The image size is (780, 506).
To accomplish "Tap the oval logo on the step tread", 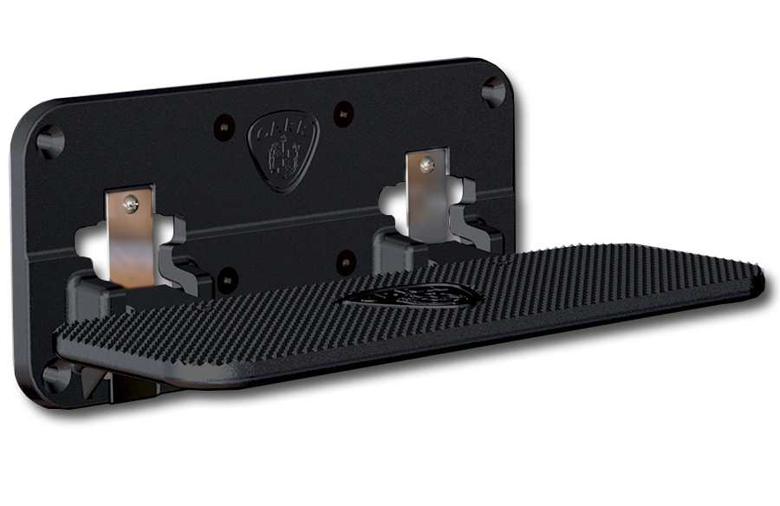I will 412,297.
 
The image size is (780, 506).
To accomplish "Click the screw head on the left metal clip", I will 130,204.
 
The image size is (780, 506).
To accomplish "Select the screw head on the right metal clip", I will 425,164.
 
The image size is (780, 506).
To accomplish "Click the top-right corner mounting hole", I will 493,89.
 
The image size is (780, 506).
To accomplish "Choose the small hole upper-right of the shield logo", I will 344,112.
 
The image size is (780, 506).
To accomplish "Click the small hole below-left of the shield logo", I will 227,279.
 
